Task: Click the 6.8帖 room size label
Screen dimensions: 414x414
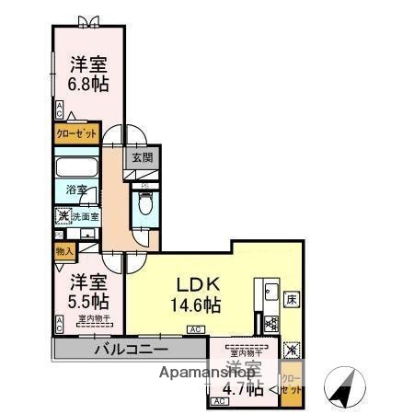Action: pos(86,84)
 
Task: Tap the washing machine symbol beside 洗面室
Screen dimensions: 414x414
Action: pos(63,217)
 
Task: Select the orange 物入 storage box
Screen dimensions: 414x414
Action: pos(63,250)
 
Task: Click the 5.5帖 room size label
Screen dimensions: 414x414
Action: pos(86,301)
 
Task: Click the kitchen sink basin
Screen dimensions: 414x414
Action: pos(272,294)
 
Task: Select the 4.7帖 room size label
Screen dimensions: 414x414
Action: pos(240,387)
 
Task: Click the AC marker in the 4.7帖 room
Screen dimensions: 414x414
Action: pos(220,401)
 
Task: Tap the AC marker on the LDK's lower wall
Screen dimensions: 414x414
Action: pos(195,329)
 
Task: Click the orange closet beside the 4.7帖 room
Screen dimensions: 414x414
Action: pos(290,383)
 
